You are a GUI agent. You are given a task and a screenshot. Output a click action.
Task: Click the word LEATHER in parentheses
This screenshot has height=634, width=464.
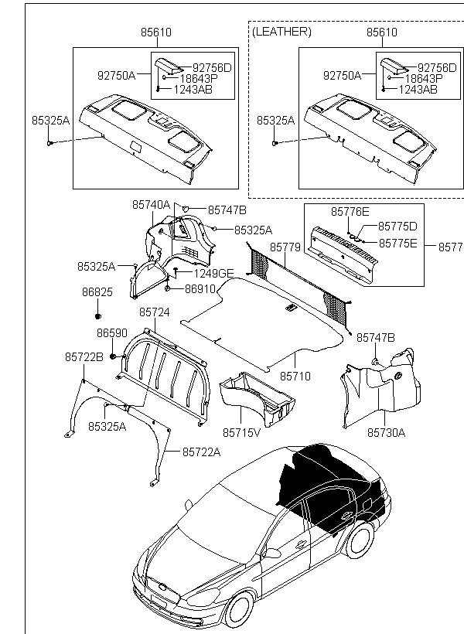(x=282, y=32)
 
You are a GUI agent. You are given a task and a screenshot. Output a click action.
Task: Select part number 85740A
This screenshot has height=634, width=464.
(x=150, y=205)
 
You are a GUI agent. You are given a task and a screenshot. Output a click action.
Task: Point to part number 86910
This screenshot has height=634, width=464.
(x=202, y=288)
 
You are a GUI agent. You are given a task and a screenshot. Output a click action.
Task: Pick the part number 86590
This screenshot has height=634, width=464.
(x=111, y=332)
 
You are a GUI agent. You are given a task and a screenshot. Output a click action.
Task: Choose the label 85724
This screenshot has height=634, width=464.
(x=155, y=312)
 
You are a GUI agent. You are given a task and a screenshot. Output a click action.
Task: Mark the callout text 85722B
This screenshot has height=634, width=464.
(x=84, y=356)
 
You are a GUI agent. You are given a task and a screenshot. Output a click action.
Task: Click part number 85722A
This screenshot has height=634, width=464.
(x=201, y=452)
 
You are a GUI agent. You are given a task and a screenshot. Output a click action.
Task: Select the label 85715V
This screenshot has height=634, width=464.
(x=242, y=432)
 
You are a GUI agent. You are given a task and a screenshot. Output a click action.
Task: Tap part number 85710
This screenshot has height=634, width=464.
(x=295, y=376)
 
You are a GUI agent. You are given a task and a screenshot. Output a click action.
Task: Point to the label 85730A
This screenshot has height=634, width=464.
(x=386, y=432)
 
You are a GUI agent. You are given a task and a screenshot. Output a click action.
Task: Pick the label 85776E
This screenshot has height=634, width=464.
(x=350, y=211)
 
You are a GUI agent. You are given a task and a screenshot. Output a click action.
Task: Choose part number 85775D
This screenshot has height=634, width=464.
(x=397, y=227)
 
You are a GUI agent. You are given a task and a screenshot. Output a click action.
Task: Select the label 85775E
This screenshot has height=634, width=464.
(x=397, y=243)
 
